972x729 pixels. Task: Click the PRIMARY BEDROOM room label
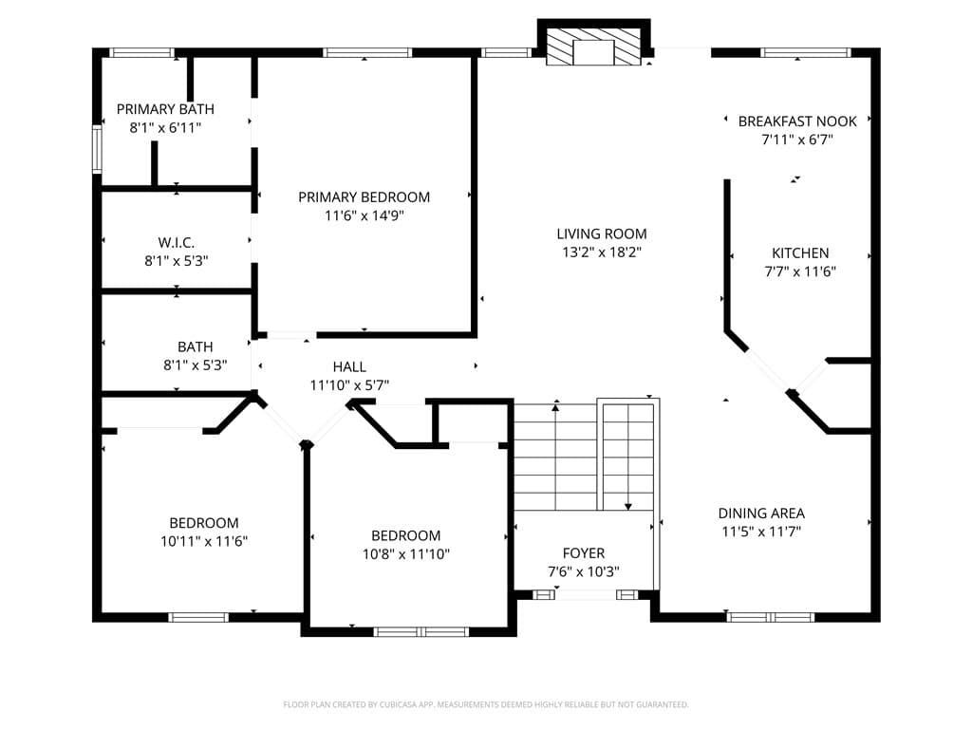pos(364,197)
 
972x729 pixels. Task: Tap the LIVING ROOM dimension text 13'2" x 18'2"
pos(601,252)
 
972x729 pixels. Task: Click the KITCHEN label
pos(800,252)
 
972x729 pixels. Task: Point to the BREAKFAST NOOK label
pos(797,121)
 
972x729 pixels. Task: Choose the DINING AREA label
pos(761,514)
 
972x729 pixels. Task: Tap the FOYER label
pos(584,553)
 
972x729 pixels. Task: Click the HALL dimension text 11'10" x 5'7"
pos(349,385)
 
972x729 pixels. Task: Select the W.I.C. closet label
pos(176,242)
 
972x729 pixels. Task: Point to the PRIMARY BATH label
pos(165,109)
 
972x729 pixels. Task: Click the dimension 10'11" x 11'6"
pos(204,541)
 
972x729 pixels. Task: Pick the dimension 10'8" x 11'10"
pos(406,554)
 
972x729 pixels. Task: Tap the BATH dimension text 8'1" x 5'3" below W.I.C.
pos(196,365)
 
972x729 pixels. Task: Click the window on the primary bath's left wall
pos(97,149)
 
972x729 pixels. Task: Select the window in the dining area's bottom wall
pos(770,617)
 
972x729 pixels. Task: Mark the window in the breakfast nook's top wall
pos(806,53)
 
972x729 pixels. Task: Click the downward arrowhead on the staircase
pos(628,507)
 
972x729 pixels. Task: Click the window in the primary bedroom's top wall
pos(367,53)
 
